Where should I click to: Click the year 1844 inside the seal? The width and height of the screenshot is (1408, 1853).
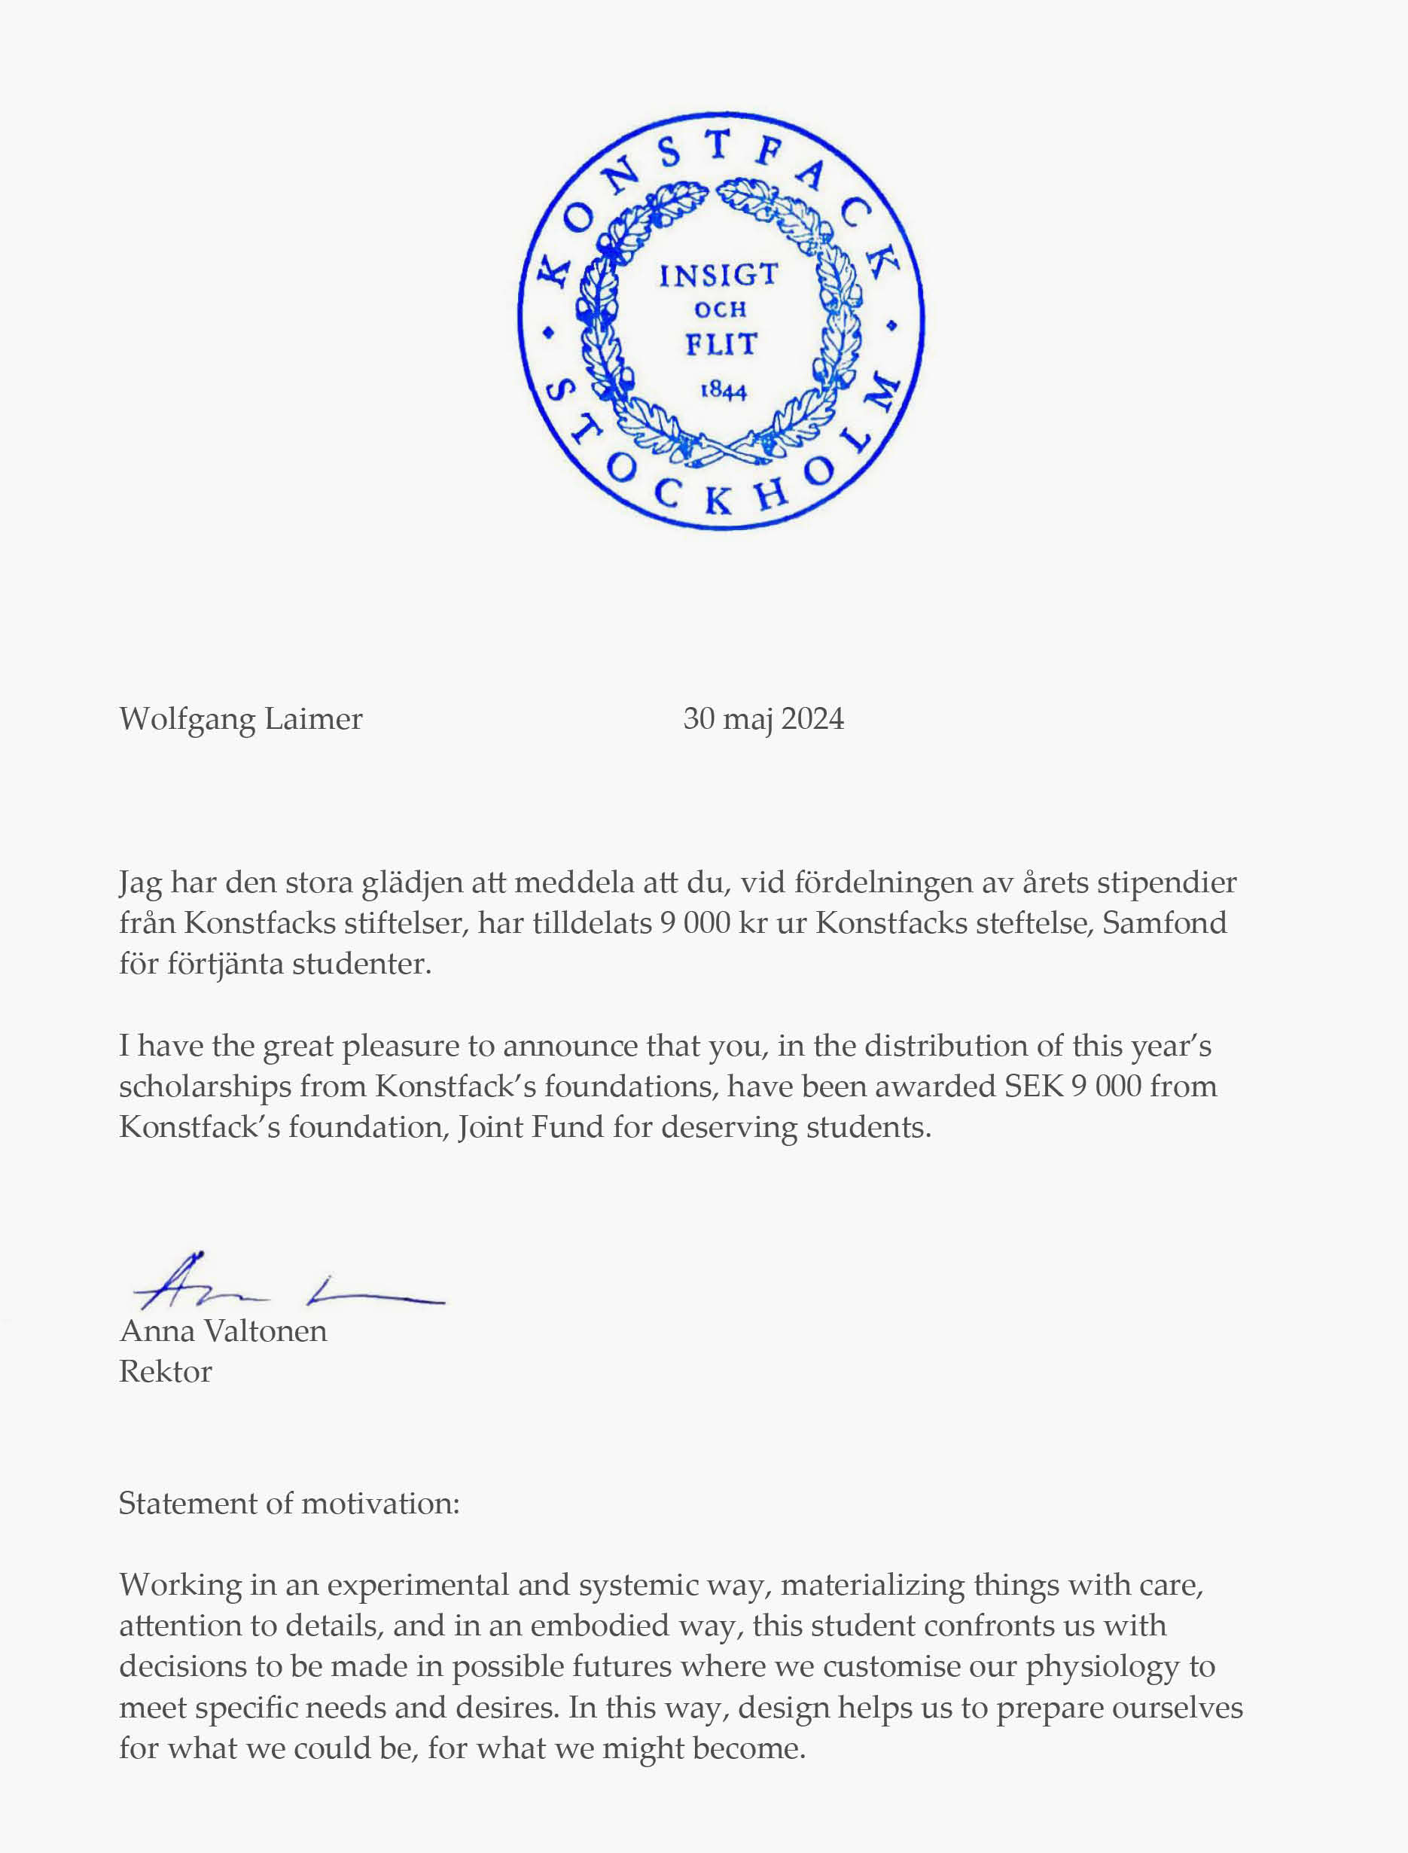724,390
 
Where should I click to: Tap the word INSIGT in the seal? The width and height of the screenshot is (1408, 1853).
718,275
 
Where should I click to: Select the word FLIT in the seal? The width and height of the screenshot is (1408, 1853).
721,343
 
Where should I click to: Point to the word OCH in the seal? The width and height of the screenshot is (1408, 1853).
720,310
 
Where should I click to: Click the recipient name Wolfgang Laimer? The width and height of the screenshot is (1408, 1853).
240,719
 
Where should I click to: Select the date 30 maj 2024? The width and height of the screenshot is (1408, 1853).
763,719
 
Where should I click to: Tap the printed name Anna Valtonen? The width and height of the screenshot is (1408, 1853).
223,1331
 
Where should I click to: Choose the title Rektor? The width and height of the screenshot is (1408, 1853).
165,1372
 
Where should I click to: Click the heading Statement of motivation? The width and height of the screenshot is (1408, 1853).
289,1504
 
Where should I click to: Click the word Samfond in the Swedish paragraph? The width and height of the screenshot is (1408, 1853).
1164,922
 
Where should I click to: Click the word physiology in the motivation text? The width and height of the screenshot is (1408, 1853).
1103,1667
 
